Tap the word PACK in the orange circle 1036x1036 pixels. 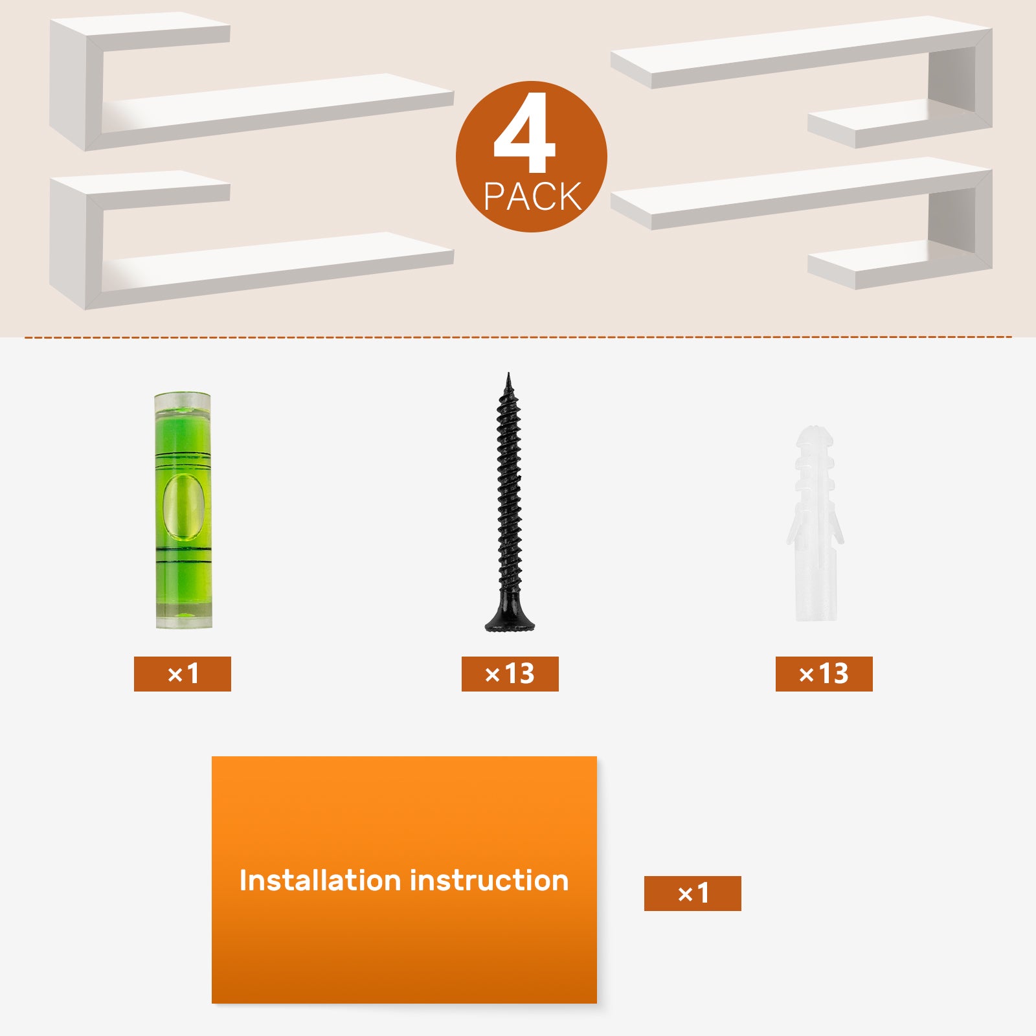[x=532, y=197]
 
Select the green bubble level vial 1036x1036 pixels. [x=183, y=510]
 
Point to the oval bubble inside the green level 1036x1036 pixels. [x=183, y=506]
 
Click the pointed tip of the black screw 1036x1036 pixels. [x=508, y=374]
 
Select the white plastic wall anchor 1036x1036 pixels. [x=815, y=523]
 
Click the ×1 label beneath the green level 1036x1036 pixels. [x=183, y=674]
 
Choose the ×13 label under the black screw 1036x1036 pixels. [x=510, y=674]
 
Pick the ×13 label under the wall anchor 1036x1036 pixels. [x=824, y=674]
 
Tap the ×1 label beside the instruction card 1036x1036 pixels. [x=693, y=894]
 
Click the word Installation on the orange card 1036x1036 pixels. [x=320, y=881]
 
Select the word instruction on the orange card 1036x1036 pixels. [x=490, y=881]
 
